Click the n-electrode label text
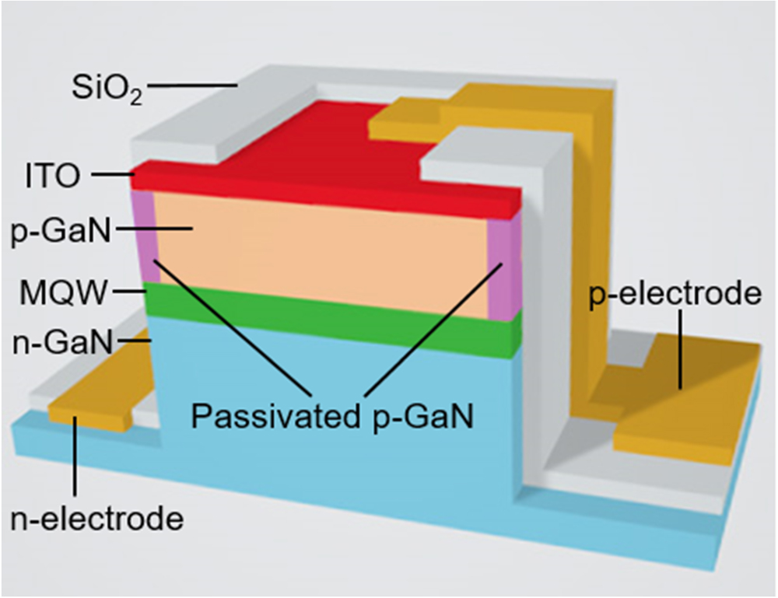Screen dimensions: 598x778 pyautogui.click(x=96, y=519)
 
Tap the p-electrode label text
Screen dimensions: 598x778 pyautogui.click(x=674, y=296)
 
